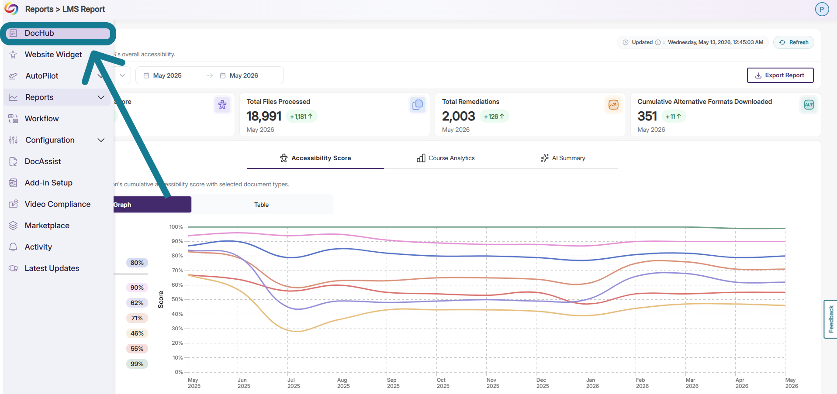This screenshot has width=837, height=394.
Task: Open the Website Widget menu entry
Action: point(53,55)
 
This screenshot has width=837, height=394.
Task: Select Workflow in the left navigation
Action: point(42,119)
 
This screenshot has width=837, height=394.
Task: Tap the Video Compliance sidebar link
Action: point(57,204)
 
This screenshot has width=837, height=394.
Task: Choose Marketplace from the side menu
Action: point(47,226)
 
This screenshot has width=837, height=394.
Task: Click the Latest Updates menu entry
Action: point(52,268)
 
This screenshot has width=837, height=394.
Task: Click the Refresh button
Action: point(794,42)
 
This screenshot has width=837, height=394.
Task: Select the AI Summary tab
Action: point(563,158)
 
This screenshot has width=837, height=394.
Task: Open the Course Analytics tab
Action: point(446,158)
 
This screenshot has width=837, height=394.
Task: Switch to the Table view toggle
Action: point(262,205)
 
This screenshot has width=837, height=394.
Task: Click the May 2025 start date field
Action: point(167,75)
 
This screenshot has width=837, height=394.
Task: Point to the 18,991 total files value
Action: point(264,116)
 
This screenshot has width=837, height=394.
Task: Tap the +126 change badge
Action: point(494,116)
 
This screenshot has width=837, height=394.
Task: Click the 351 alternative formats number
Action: point(647,116)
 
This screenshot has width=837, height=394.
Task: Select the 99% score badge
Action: point(137,364)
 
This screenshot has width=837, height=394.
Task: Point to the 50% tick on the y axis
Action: point(177,299)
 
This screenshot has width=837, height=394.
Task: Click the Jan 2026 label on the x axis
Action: point(592,383)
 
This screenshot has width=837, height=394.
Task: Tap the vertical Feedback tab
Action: point(830,319)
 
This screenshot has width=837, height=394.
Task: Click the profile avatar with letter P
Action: point(822,9)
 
